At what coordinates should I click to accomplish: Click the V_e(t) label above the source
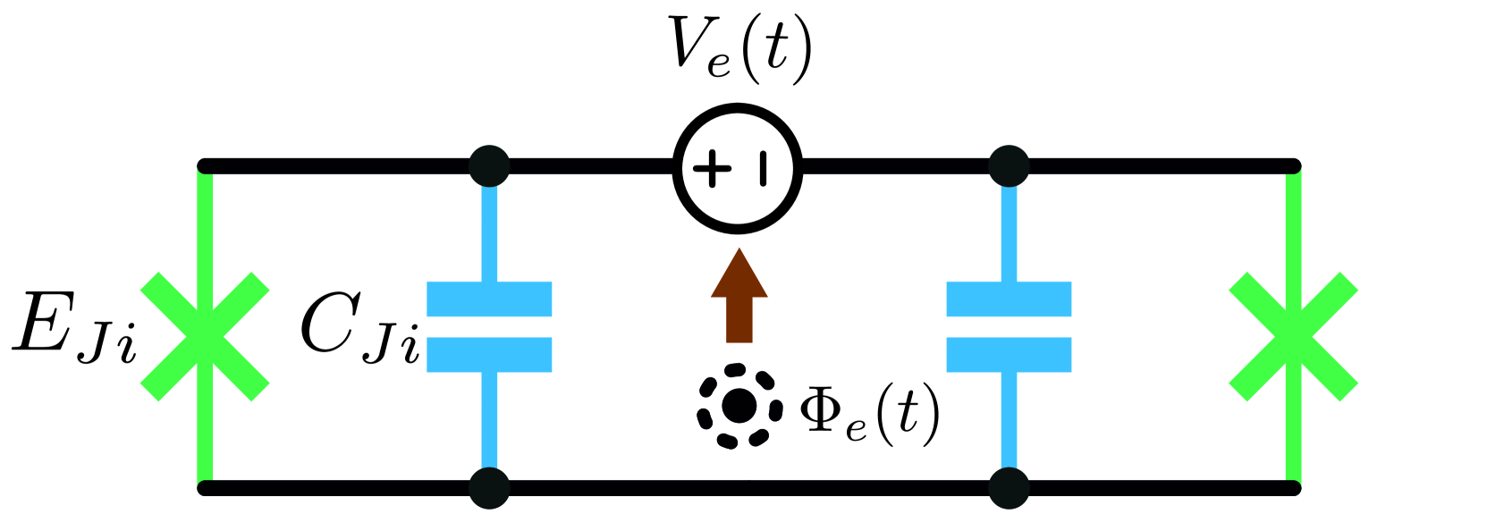coord(740,48)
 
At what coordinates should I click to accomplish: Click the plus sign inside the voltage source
coord(712,168)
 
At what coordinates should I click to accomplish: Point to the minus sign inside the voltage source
coord(763,168)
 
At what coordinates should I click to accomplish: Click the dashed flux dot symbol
coord(739,406)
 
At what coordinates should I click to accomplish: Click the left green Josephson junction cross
coord(205,336)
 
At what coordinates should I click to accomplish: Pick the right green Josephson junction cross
coord(1293,336)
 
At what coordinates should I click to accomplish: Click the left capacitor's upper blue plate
coord(489,299)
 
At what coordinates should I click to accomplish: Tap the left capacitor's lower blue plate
coord(489,354)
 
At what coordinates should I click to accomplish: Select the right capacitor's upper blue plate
coord(1009,299)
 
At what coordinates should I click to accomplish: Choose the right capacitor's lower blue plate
coord(1009,354)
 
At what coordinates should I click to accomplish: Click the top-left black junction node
coord(489,166)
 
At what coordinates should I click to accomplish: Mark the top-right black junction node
coord(1009,166)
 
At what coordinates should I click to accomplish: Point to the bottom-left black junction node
coord(489,488)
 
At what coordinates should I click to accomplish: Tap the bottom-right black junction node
coord(1009,488)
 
